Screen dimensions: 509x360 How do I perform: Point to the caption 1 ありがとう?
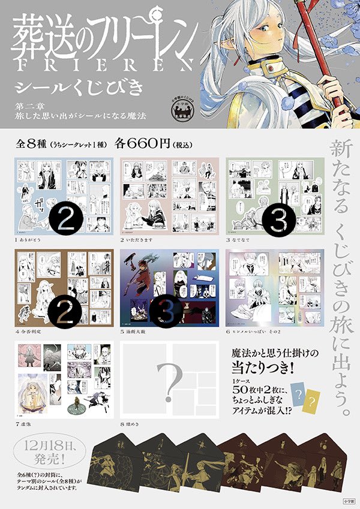click(30, 240)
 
